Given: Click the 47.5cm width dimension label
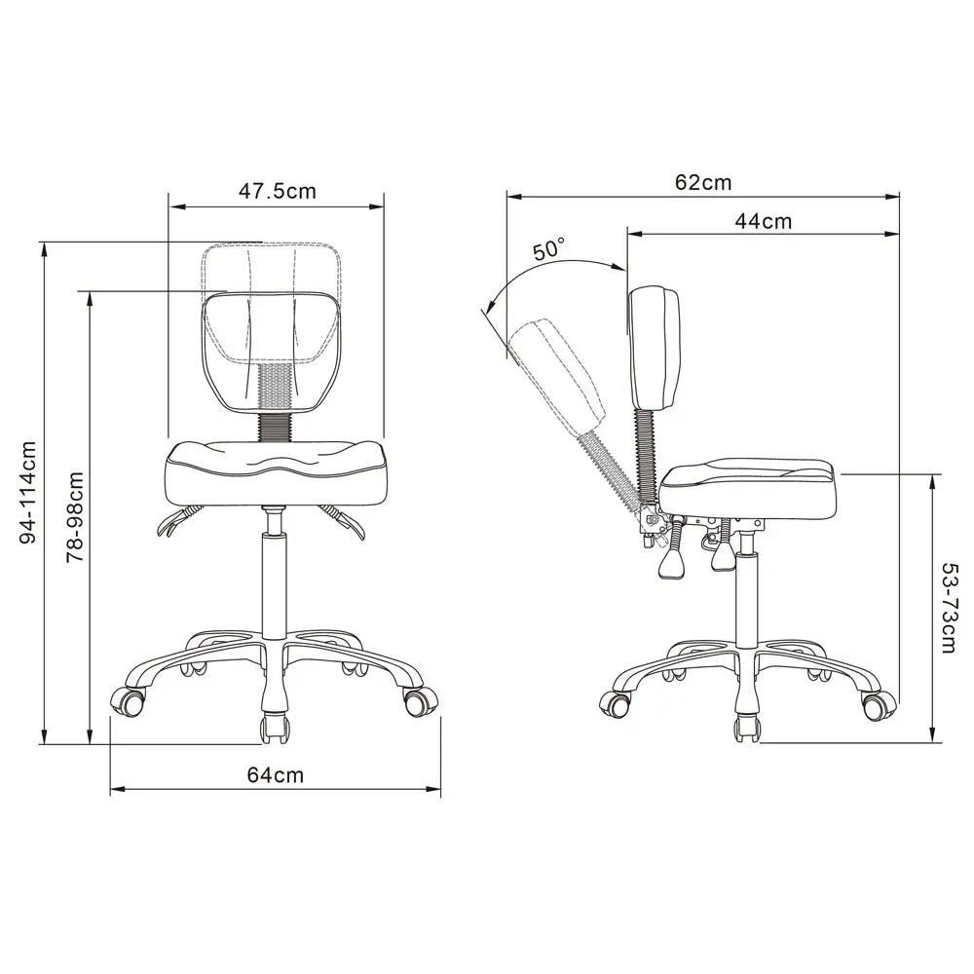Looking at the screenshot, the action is pyautogui.click(x=277, y=191).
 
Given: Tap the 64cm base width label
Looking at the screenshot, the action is pyautogui.click(x=276, y=775).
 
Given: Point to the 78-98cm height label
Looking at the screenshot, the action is pyautogui.click(x=75, y=516).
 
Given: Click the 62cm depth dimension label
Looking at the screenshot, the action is pyautogui.click(x=703, y=183).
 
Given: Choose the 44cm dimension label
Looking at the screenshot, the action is pyautogui.click(x=764, y=221).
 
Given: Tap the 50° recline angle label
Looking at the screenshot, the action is pyautogui.click(x=548, y=249).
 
